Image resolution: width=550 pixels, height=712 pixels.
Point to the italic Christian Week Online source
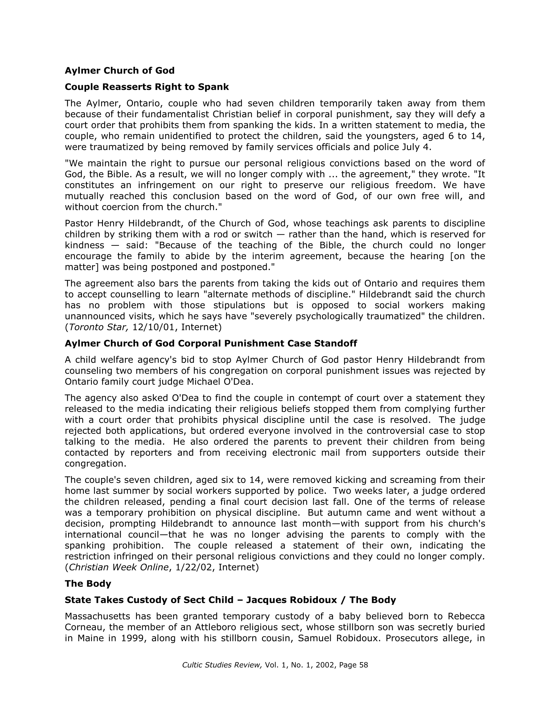[x=119, y=568]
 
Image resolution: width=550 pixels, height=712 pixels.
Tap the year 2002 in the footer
[x=326, y=665]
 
